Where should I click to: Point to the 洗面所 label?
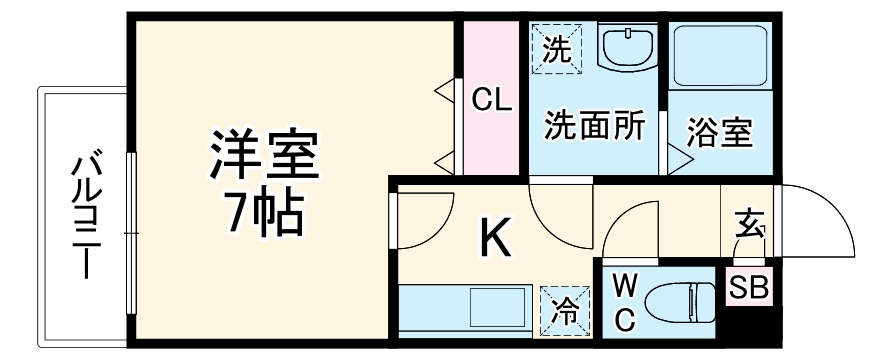coord(594,127)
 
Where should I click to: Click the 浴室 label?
coord(720,132)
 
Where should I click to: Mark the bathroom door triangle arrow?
coord(677,158)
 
